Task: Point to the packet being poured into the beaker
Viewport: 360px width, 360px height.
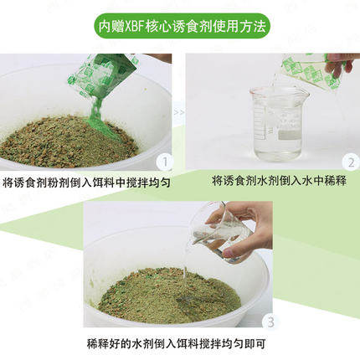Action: coord(306,70)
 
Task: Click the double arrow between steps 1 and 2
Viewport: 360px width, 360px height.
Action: coord(177,110)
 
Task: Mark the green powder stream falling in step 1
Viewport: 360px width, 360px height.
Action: coord(94,109)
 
